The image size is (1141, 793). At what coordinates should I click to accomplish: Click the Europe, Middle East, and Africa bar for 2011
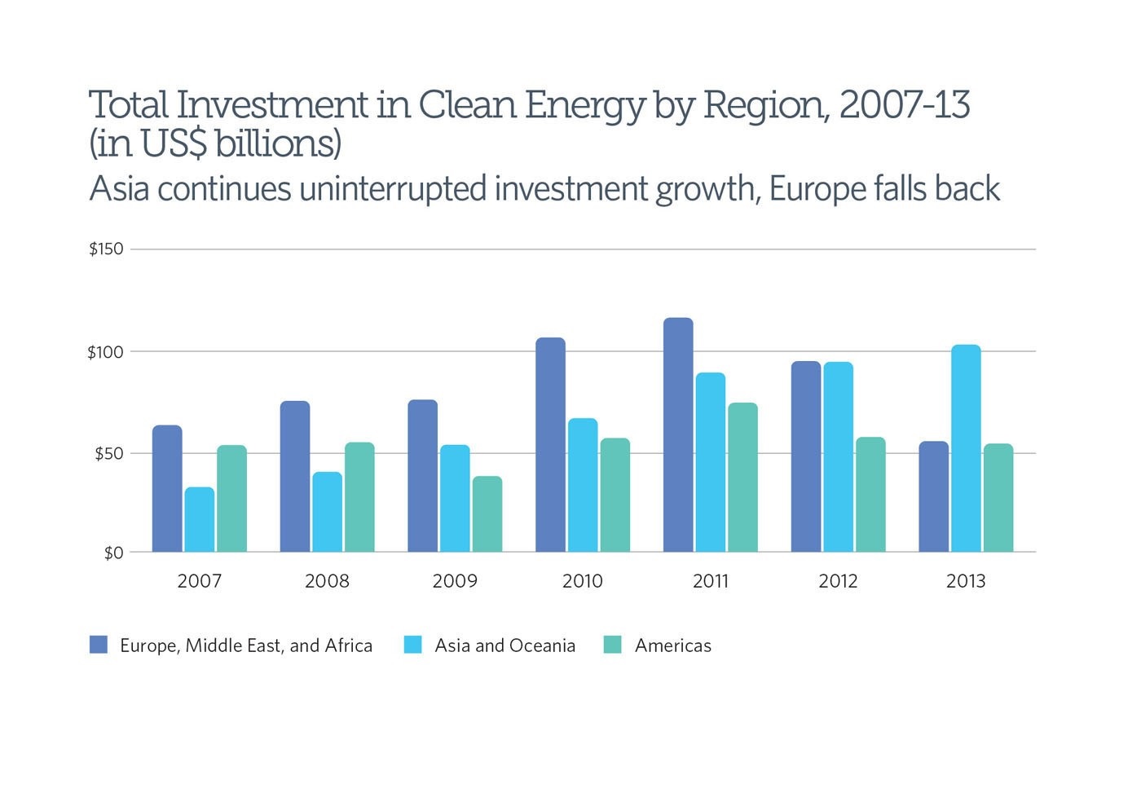(x=678, y=435)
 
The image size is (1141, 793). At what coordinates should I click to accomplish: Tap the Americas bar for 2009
(x=487, y=514)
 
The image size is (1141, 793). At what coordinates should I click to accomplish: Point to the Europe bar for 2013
(x=934, y=497)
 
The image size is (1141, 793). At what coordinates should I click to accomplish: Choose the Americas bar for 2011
(x=742, y=478)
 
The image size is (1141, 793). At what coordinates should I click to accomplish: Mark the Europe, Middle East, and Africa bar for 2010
(x=550, y=445)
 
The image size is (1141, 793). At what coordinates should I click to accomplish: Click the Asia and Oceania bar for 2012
(x=838, y=457)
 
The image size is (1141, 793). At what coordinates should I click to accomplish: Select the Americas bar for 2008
(x=359, y=497)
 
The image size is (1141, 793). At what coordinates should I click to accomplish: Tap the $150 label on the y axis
(x=107, y=249)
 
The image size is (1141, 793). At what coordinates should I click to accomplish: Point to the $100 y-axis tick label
(x=105, y=353)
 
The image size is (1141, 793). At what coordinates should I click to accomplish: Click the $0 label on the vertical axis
(x=113, y=553)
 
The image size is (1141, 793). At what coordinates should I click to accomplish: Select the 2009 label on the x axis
(x=455, y=581)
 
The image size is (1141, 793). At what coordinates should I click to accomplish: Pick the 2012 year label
(x=838, y=581)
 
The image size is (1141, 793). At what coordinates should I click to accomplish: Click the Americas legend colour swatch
(x=612, y=645)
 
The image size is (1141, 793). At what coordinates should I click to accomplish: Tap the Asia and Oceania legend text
(x=504, y=645)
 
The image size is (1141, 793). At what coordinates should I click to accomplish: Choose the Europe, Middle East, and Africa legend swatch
(x=99, y=645)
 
